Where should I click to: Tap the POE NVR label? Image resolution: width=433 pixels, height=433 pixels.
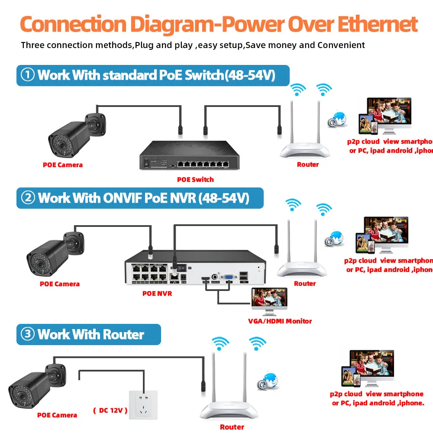pos(157,294)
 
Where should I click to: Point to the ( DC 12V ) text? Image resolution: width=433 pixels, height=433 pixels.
pos(110,410)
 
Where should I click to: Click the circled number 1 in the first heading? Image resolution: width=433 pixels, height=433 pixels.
pos(28,75)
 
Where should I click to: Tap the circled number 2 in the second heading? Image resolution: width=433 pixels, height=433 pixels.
pos(28,198)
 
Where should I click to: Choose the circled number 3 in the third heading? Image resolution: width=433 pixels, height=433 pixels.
pos(28,334)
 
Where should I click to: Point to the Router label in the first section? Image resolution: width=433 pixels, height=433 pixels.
pos(308,164)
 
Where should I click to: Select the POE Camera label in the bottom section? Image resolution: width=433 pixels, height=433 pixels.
pos(57,415)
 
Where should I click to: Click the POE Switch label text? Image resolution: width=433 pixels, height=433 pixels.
pos(195,179)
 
